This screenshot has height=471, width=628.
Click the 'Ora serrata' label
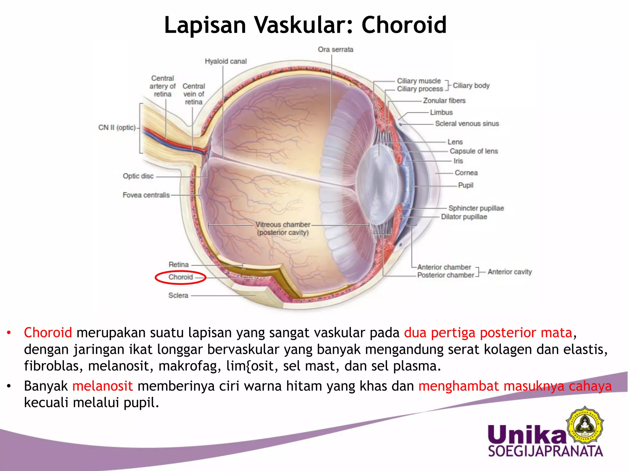click(335, 49)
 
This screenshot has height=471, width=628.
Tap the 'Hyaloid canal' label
click(226, 61)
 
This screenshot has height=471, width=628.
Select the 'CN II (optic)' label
click(117, 128)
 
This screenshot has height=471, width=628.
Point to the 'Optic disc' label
click(138, 176)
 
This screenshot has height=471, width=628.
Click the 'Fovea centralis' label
click(146, 195)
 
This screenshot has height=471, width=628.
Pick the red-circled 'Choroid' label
click(181, 277)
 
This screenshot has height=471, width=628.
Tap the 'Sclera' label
click(178, 295)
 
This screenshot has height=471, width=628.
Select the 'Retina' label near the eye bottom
click(178, 264)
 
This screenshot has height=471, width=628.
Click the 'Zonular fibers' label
click(444, 101)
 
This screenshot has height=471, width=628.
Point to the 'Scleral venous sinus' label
click(467, 124)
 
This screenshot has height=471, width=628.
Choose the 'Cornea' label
click(466, 173)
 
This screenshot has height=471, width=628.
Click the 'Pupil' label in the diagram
click(465, 185)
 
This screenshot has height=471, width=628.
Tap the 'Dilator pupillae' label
click(464, 217)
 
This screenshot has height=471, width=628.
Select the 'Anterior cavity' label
click(510, 272)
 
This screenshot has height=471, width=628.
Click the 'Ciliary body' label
click(471, 86)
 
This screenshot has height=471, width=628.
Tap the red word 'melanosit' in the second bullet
click(102, 386)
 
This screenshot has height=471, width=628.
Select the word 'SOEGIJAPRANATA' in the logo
click(546, 451)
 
